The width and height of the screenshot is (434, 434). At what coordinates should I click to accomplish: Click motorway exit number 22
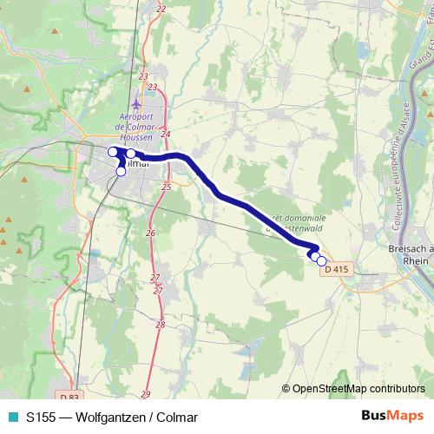coord(161,9)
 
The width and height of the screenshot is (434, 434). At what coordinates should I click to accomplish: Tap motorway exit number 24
coord(166,134)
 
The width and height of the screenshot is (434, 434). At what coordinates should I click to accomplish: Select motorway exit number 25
coord(166,186)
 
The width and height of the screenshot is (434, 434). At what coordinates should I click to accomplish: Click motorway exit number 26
coord(150,233)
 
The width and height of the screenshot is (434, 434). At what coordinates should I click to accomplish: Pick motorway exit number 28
coord(160,324)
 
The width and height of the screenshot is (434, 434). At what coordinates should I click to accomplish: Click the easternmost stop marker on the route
coord(321,261)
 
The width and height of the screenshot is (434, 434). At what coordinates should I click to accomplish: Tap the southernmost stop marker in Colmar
coord(121,171)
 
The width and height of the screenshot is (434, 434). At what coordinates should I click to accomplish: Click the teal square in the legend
coord(11,417)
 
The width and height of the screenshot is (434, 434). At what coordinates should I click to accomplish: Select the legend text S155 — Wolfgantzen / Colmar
coord(112,417)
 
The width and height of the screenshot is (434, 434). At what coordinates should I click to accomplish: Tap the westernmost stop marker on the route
coord(113,152)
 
